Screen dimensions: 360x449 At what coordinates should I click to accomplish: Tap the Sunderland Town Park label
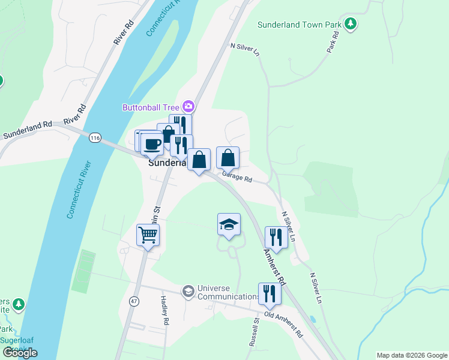click(x=299, y=25)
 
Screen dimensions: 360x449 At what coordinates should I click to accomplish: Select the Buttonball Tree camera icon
click(x=188, y=107)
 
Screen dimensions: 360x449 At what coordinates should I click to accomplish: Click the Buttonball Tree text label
click(x=151, y=107)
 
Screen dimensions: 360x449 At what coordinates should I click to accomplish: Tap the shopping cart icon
click(x=148, y=235)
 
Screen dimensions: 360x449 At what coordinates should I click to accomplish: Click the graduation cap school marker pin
click(x=229, y=224)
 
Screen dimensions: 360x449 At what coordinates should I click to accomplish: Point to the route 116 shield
click(x=94, y=138)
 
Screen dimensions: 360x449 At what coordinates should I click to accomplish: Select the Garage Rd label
click(x=237, y=178)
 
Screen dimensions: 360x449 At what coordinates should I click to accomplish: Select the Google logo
click(x=20, y=352)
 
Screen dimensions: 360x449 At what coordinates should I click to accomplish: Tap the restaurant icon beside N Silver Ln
click(x=276, y=238)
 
